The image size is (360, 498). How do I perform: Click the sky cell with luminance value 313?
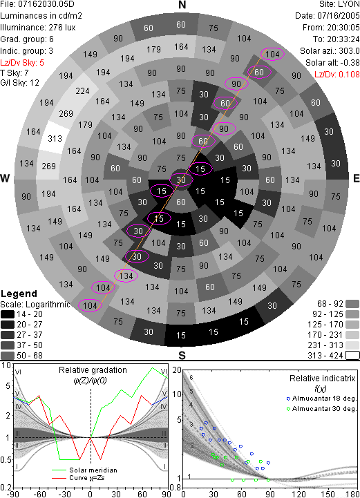coord(55,138)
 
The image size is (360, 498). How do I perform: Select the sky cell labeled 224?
coord(82,91)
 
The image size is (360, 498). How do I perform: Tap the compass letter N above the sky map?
coord(182,5)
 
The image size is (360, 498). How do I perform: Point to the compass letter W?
coord(5,178)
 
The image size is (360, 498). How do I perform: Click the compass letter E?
coord(356,178)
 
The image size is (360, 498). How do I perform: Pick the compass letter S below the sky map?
coord(182,356)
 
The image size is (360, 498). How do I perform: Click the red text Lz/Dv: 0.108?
coord(337,75)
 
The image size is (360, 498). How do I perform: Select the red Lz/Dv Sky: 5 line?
coord(22,63)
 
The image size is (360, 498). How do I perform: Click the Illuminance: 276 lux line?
coord(38,28)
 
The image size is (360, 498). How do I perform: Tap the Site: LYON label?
coord(339,4)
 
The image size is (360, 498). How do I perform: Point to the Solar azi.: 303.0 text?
coord(330,51)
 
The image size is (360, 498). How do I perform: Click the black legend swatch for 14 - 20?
coord(8,314)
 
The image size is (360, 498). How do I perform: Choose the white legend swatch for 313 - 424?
coord(352,356)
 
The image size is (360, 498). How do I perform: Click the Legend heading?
coord(19,294)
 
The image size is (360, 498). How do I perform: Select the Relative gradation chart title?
coord(93,370)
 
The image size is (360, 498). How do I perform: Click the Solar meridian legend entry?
coord(84,470)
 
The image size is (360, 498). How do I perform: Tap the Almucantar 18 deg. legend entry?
coord(321,399)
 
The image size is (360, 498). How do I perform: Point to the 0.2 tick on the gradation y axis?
coord(6,488)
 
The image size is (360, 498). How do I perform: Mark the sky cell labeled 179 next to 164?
coord(153,50)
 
